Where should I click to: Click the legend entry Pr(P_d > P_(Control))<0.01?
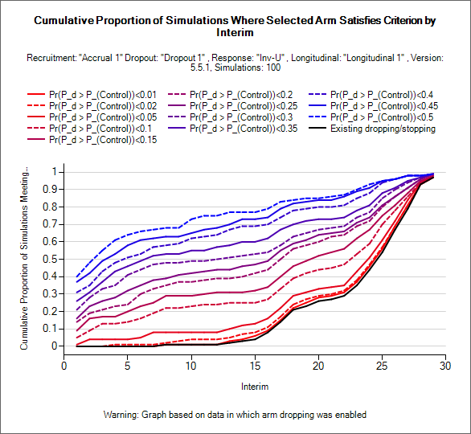(103, 95)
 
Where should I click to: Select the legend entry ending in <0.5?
(382, 117)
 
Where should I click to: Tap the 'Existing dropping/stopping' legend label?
(383, 129)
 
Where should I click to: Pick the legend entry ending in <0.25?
(244, 106)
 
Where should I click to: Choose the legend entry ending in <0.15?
(103, 140)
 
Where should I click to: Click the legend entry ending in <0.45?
(384, 106)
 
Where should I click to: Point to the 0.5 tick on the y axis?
(50, 259)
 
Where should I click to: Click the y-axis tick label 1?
(55, 172)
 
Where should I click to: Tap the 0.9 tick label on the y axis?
(50, 190)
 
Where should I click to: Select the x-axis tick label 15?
(255, 366)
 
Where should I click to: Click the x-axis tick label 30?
(445, 366)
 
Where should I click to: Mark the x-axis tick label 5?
(127, 366)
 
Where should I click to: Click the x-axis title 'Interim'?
(255, 387)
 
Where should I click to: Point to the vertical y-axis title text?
(24, 258)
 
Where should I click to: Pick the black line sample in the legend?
(317, 129)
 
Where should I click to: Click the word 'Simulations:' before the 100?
(239, 68)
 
